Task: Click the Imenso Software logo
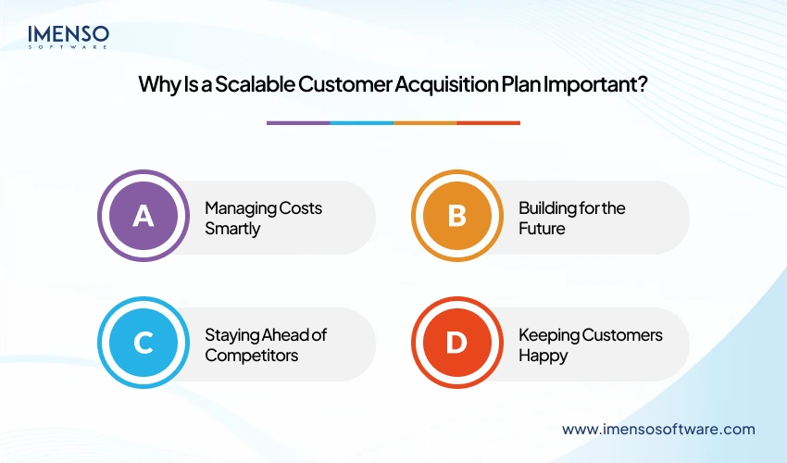[x=68, y=36]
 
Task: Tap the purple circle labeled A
[x=143, y=216]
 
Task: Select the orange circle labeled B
[x=456, y=216]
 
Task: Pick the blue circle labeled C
[x=143, y=343]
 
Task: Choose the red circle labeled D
[x=456, y=343]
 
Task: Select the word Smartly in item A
[x=231, y=227]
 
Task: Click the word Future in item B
[x=542, y=227]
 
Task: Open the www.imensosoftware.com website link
[x=658, y=429]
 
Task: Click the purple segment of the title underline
[x=298, y=122]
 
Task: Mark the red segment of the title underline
[x=488, y=122]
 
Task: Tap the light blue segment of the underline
[x=361, y=122]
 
